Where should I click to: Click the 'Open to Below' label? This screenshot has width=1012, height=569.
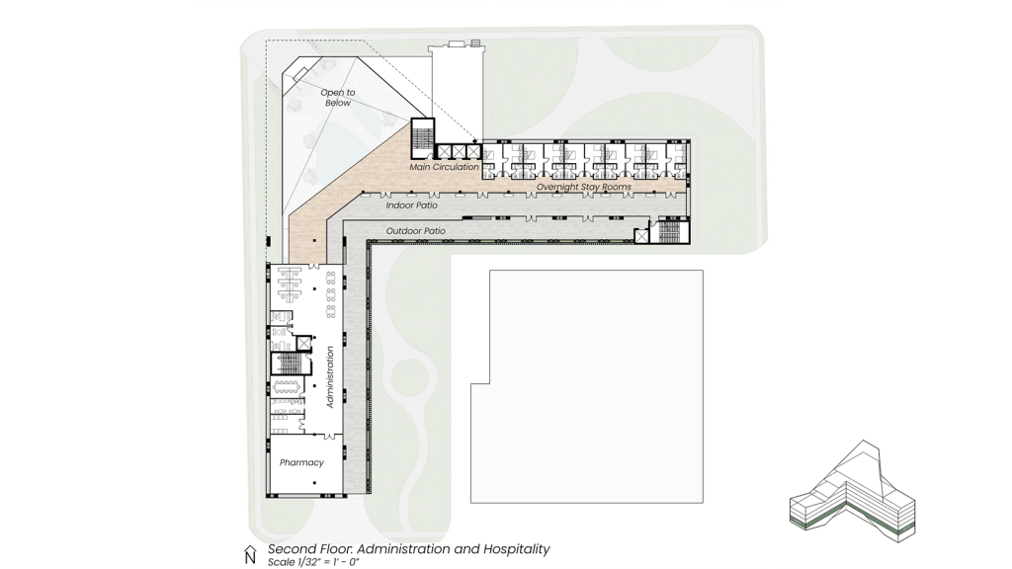pyautogui.click(x=338, y=98)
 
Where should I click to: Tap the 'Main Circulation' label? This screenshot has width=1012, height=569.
pyautogui.click(x=444, y=167)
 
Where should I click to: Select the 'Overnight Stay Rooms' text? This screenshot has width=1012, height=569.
pyautogui.click(x=584, y=187)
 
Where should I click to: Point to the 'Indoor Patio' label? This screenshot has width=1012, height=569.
pyautogui.click(x=412, y=205)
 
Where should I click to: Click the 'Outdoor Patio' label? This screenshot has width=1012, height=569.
pyautogui.click(x=416, y=231)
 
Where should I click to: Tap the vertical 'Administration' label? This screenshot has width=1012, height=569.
pyautogui.click(x=330, y=376)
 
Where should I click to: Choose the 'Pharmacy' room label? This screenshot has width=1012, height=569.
pyautogui.click(x=301, y=462)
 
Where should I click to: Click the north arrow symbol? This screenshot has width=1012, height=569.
pyautogui.click(x=250, y=555)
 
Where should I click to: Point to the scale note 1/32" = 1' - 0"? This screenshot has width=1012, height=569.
pyautogui.click(x=313, y=562)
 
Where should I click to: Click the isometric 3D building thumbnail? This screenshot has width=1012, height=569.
pyautogui.click(x=853, y=492)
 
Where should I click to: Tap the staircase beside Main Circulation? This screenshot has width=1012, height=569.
pyautogui.click(x=423, y=138)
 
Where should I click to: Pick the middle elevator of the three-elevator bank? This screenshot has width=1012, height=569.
pyautogui.click(x=459, y=151)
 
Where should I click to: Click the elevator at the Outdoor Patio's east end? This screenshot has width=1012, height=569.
pyautogui.click(x=640, y=236)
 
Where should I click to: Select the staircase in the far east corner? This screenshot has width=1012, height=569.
pyautogui.click(x=669, y=232)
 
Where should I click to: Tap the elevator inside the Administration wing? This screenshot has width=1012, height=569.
pyautogui.click(x=303, y=343)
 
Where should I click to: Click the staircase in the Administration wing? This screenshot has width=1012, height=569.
pyautogui.click(x=288, y=364)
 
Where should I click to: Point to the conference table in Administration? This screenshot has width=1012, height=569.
pyautogui.click(x=288, y=387)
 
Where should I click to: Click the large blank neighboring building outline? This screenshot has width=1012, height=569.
pyautogui.click(x=587, y=386)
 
